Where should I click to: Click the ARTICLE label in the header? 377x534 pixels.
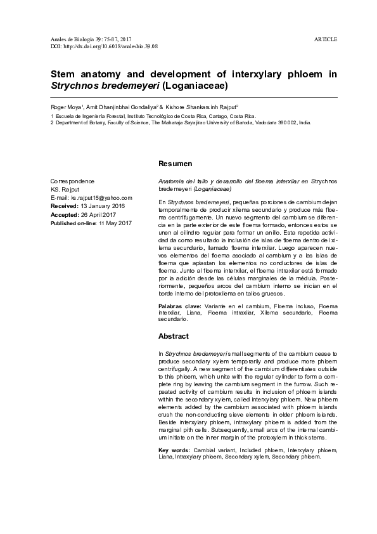[326, 39]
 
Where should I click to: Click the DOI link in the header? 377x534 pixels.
[104, 47]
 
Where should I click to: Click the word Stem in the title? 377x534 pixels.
[65, 74]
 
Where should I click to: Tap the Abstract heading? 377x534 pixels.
[173, 335]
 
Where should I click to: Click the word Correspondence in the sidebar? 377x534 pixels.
[72, 181]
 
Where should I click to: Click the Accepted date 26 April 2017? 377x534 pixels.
[104, 214]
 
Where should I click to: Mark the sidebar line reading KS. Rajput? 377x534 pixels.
[64, 190]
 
